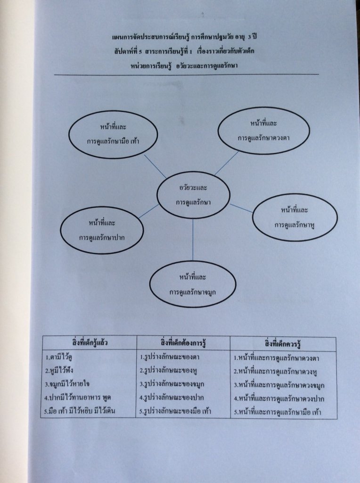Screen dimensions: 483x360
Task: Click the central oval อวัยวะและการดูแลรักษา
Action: [x=193, y=194]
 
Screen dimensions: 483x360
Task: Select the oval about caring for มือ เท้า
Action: [x=113, y=134]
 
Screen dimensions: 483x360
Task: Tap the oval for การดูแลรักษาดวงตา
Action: [x=263, y=131]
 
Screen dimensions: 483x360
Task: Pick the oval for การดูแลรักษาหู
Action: [x=295, y=217]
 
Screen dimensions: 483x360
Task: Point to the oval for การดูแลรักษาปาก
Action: [x=102, y=230]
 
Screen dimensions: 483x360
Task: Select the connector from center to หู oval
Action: [x=241, y=208]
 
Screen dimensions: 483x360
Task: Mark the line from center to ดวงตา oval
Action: [x=226, y=163]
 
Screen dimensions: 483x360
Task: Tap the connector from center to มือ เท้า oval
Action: [x=155, y=167]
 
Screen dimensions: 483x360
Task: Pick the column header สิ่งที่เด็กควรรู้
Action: [x=283, y=343]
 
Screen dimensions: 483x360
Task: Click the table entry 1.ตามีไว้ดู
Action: [x=64, y=358]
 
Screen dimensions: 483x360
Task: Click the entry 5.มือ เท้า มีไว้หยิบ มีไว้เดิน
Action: [x=81, y=410]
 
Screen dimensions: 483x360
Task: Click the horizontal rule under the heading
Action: [x=186, y=75]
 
